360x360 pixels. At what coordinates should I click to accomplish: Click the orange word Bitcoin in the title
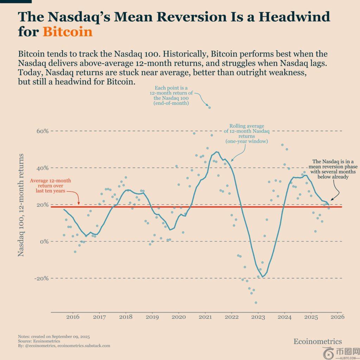click(x=67, y=32)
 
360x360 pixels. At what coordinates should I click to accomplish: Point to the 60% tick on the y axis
click(x=42, y=131)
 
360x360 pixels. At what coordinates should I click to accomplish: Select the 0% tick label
click(x=43, y=242)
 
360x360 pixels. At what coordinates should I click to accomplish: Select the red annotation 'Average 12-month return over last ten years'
click(x=50, y=186)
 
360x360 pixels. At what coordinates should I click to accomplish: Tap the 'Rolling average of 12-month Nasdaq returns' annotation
click(x=246, y=133)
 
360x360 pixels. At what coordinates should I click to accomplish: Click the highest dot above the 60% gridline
click(x=210, y=108)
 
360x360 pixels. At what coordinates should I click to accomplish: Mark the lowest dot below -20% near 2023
click(x=256, y=302)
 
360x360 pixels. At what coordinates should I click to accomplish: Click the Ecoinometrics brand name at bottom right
click(x=317, y=341)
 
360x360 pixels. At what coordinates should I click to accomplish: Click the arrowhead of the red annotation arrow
click(x=79, y=204)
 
